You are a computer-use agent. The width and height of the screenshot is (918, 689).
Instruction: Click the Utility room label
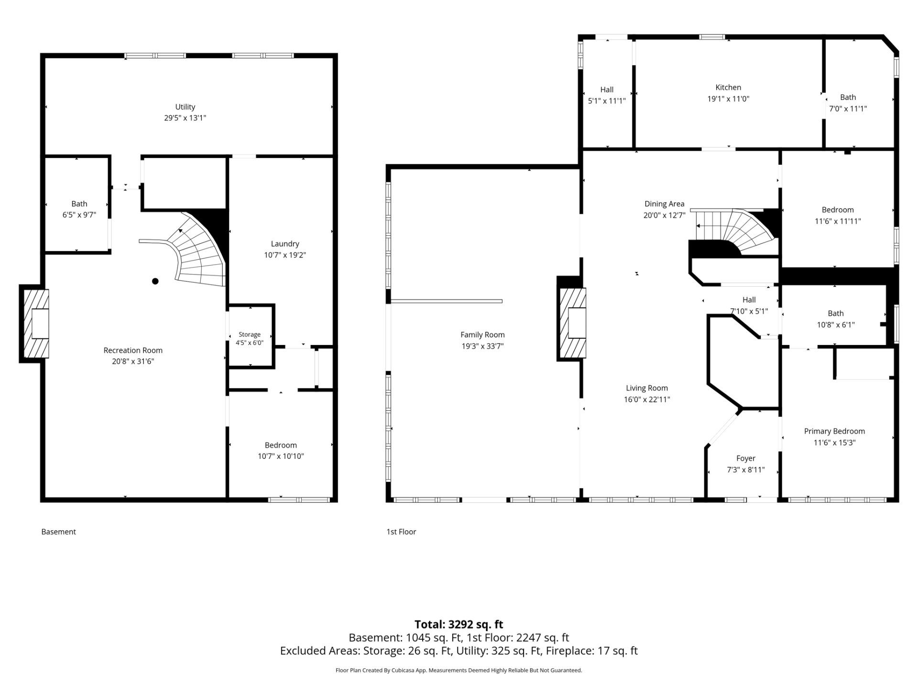[185, 107]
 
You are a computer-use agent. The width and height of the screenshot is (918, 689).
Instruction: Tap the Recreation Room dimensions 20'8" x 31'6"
[133, 361]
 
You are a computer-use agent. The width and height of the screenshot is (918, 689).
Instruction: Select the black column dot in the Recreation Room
[155, 281]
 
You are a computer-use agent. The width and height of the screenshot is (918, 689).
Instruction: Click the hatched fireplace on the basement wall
[34, 323]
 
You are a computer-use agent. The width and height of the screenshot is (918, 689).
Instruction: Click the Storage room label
[250, 334]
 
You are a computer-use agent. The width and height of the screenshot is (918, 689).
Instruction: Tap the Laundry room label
[285, 244]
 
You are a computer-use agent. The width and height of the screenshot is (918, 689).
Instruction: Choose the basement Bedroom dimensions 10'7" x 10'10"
[281, 456]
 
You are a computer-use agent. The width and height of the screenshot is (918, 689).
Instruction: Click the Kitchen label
[728, 87]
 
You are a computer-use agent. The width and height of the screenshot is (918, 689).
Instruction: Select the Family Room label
[482, 335]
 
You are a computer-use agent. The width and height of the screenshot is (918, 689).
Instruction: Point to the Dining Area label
[664, 204]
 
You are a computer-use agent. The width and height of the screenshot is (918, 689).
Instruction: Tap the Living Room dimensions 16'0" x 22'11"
[647, 400]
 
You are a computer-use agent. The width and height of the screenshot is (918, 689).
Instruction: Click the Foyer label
[746, 458]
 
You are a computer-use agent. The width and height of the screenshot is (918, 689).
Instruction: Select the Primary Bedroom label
[834, 431]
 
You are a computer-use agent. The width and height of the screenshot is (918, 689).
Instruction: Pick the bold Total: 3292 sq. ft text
[459, 624]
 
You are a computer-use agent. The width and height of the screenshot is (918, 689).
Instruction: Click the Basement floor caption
[59, 532]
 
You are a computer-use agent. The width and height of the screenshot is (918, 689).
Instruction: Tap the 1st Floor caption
[401, 532]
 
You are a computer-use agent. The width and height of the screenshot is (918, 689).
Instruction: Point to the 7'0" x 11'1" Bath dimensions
[848, 109]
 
